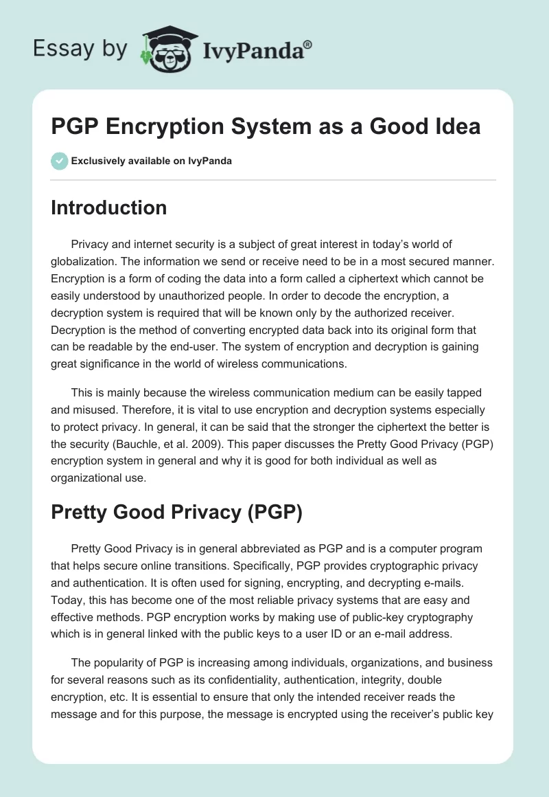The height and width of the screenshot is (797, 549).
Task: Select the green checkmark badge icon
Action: pos(59,161)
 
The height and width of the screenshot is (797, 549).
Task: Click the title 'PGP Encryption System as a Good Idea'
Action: pos(266,126)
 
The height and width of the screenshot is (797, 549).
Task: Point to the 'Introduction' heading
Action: pos(109,207)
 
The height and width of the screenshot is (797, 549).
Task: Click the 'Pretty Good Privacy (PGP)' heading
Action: pos(176,513)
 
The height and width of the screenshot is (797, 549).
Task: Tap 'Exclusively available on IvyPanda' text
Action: pos(151,161)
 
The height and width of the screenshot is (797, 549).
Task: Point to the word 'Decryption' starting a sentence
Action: pos(81,327)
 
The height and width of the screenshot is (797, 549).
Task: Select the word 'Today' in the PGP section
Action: pos(65,599)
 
